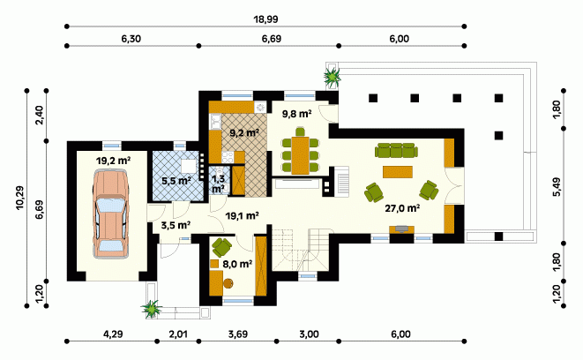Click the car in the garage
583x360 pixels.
point(111,214)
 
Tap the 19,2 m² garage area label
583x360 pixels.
point(113,161)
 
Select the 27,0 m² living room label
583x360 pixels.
point(402,208)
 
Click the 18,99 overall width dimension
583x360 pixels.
point(265,19)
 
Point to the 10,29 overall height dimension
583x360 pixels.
point(19,198)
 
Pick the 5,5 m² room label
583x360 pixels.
point(176,181)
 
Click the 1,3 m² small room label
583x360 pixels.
point(218,184)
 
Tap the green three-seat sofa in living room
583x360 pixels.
point(396,151)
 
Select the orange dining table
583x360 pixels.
point(300,155)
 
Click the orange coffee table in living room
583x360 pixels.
point(398,172)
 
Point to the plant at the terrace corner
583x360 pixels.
point(332,76)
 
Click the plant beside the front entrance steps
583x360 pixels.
point(152,308)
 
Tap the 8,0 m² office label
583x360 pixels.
point(237,264)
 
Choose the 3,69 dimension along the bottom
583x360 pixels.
point(238,334)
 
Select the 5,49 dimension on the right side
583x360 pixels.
point(557,187)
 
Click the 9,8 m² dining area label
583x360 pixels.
point(296,114)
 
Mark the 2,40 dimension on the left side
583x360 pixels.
point(40,116)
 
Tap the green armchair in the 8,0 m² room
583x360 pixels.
point(221,247)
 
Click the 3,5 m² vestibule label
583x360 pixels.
point(176,225)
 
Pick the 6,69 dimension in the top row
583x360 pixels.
point(272,39)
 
